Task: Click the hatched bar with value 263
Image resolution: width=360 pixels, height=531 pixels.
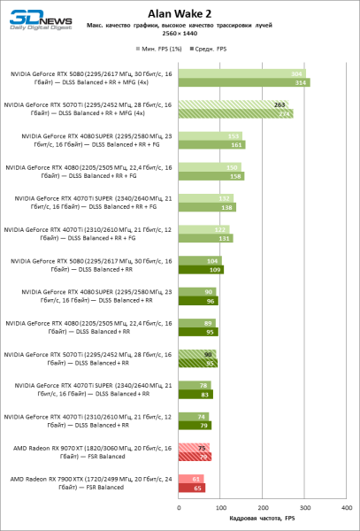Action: tap(234, 104)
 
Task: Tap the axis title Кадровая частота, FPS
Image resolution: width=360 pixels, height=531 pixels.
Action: tap(262, 519)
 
